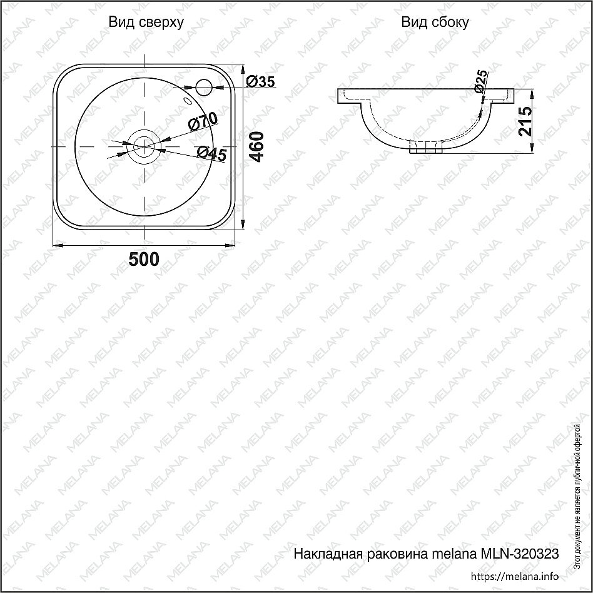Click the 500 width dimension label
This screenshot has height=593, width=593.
[x=144, y=260]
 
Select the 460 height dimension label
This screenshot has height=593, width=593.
[x=257, y=147]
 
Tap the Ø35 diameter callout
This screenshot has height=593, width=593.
[x=260, y=81]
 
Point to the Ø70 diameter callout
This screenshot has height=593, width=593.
[x=203, y=121]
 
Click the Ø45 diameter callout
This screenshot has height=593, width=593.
[x=212, y=153]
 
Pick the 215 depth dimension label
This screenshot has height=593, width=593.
[x=525, y=121]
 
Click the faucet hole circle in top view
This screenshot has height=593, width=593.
[x=204, y=87]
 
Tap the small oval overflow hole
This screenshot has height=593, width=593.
[x=187, y=101]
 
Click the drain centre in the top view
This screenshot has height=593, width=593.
[x=144, y=146]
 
